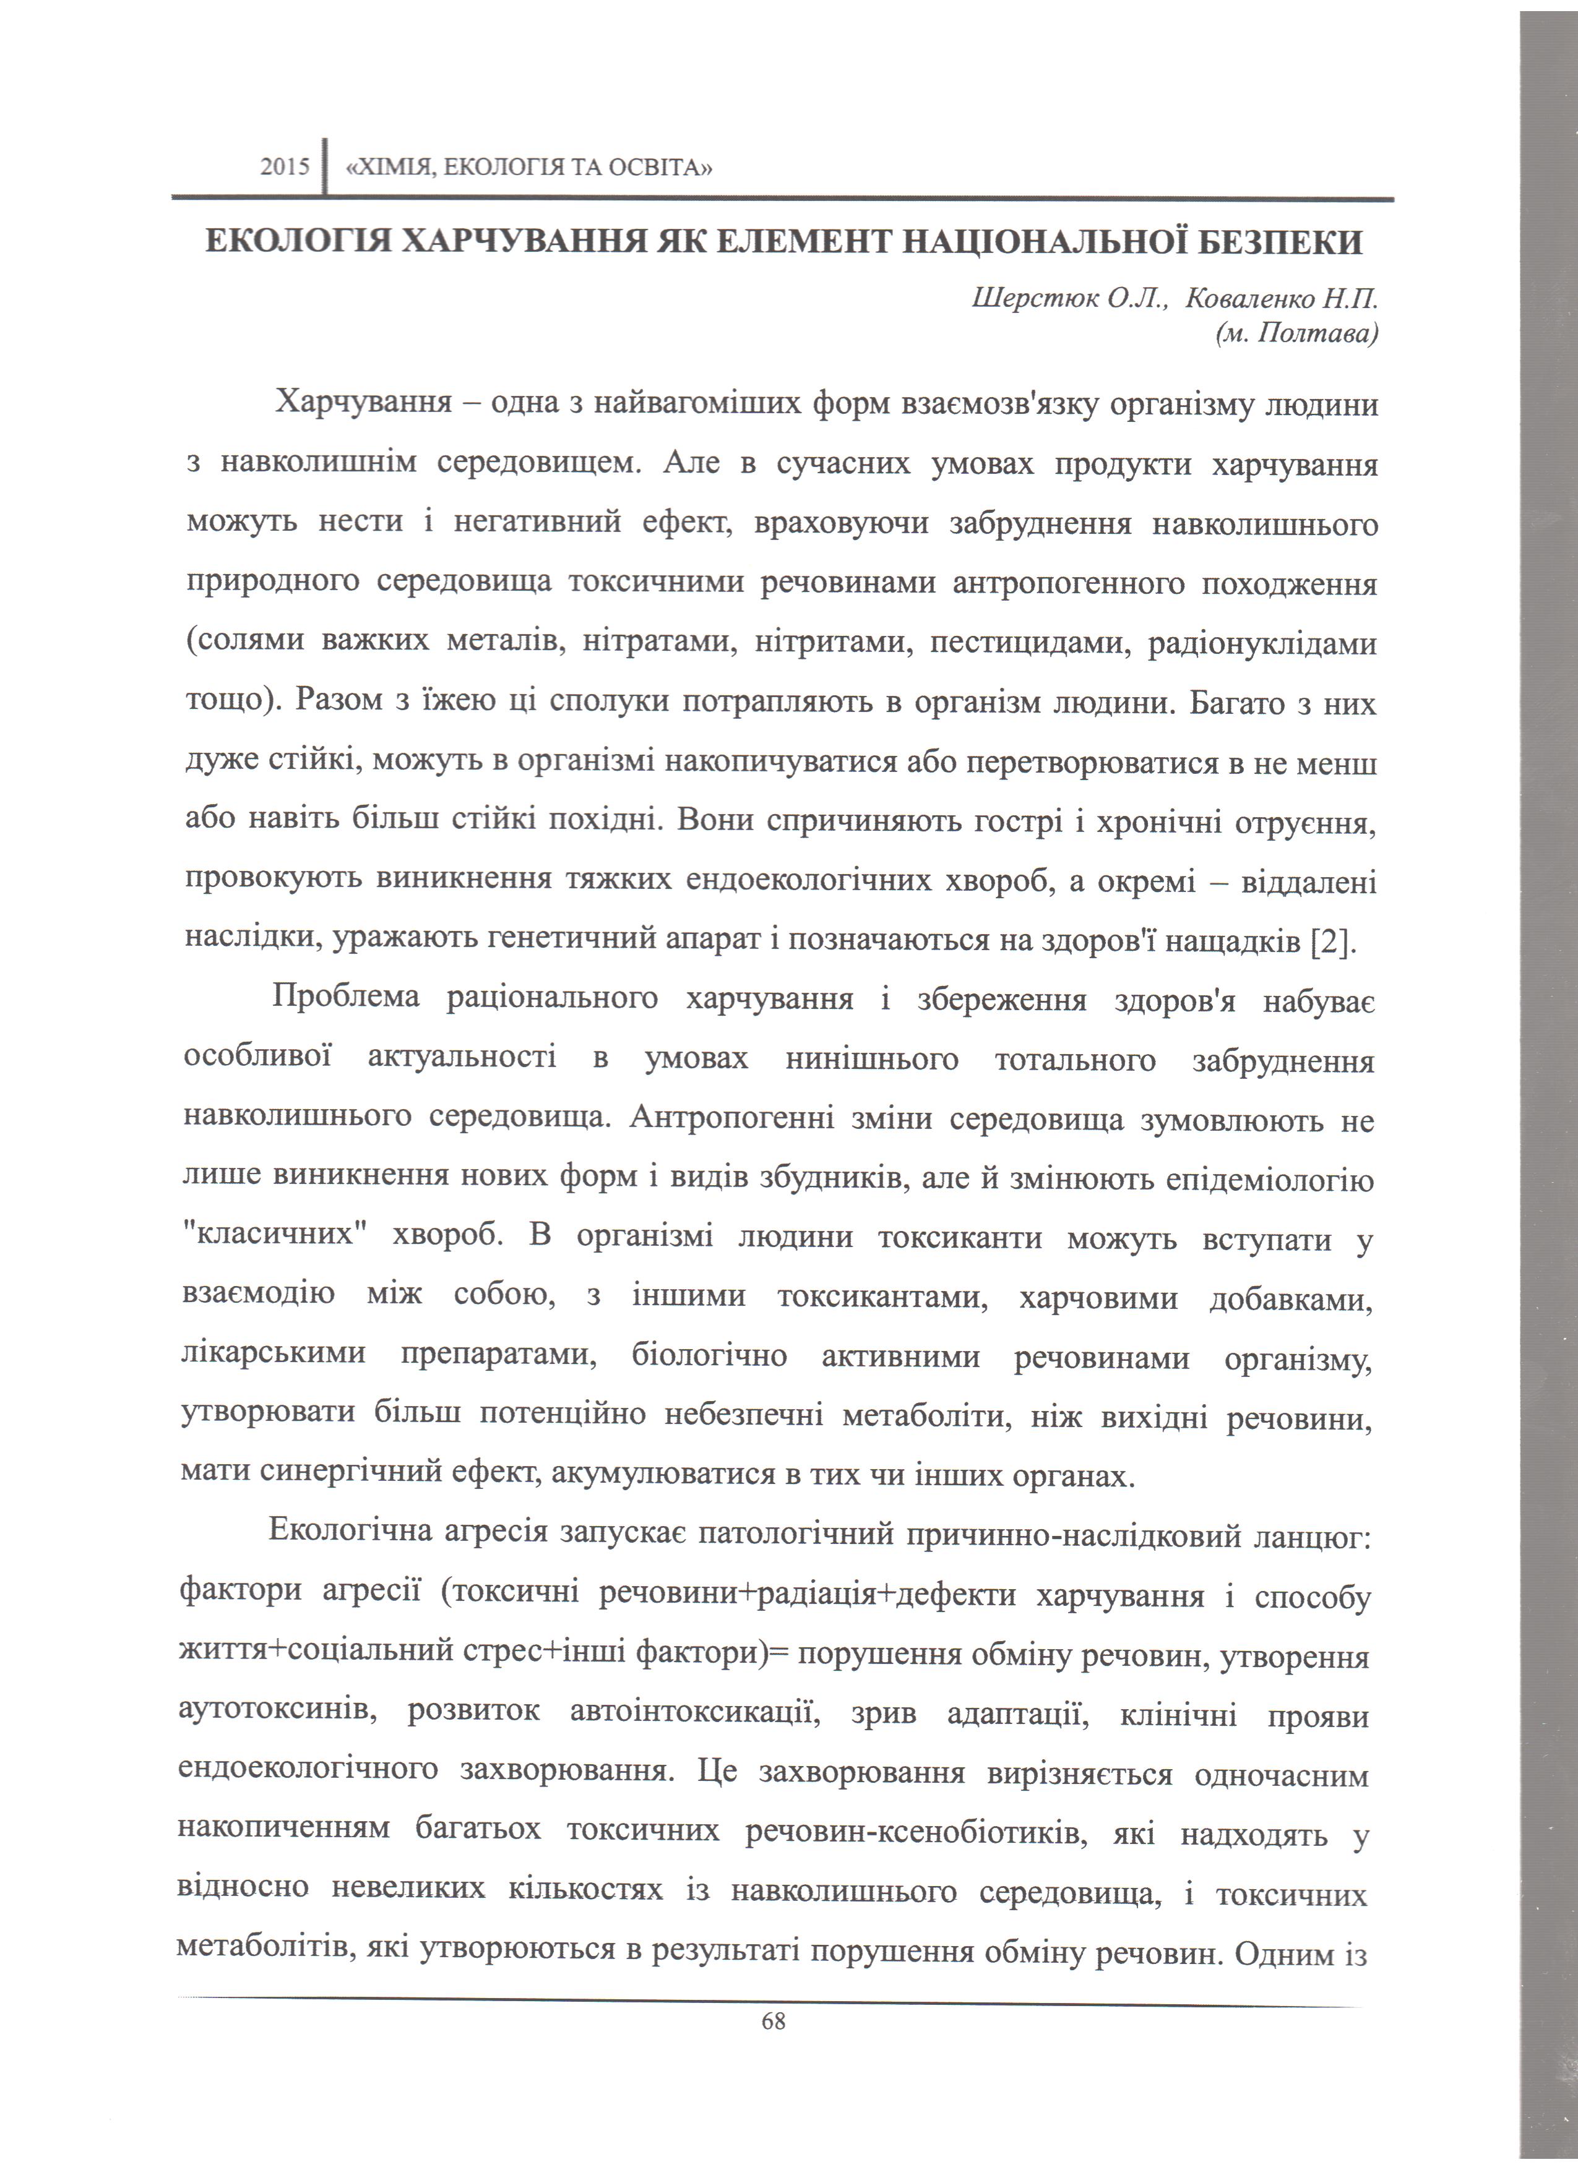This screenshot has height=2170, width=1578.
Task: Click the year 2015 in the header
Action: click(x=285, y=168)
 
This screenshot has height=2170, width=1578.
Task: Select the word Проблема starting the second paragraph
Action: click(x=345, y=998)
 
